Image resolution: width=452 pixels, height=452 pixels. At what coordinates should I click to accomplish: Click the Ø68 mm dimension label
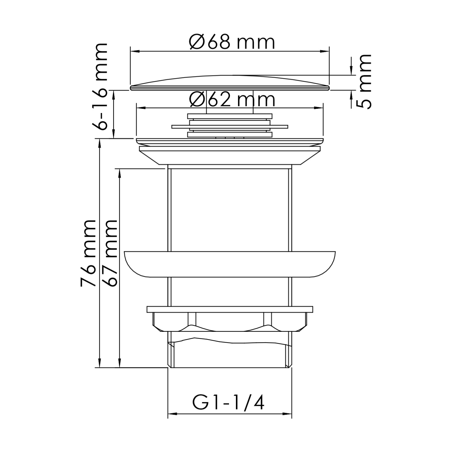click(x=232, y=43)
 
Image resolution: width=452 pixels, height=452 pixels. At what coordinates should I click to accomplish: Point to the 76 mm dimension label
click(x=88, y=253)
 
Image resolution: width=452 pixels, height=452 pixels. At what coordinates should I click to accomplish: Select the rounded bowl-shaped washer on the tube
click(x=230, y=264)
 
